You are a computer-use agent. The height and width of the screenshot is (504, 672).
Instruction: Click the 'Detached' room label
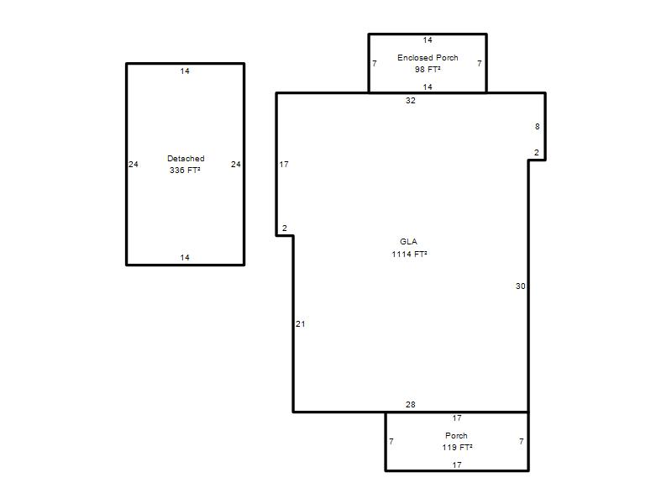click(186, 159)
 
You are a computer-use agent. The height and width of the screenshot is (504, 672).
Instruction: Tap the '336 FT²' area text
click(185, 171)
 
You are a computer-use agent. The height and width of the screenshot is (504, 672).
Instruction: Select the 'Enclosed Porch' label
click(428, 57)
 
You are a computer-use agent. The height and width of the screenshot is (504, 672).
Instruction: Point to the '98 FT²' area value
click(428, 69)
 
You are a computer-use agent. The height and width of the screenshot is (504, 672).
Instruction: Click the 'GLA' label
click(408, 242)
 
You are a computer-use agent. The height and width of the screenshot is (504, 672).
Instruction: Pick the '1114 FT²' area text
click(409, 255)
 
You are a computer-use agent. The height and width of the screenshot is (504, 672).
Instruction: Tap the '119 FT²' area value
click(457, 448)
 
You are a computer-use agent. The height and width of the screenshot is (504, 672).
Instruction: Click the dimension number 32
click(411, 101)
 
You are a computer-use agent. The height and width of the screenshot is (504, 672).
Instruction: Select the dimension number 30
click(520, 286)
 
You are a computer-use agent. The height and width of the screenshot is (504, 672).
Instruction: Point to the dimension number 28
click(411, 405)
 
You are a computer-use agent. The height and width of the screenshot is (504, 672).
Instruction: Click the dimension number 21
click(301, 324)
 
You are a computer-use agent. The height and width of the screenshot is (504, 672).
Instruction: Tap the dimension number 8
click(538, 127)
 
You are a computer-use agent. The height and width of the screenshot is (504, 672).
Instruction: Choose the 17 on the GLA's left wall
click(284, 165)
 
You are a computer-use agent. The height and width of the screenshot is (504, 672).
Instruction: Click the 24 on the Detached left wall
click(134, 165)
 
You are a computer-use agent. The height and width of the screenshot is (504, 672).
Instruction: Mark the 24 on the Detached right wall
click(236, 165)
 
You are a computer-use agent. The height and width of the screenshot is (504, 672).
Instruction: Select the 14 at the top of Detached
click(185, 71)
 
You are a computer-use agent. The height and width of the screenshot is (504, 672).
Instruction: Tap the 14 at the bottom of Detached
click(185, 258)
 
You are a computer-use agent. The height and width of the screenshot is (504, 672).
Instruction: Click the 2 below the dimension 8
click(537, 153)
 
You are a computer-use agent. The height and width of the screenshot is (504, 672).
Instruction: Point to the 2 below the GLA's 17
click(285, 228)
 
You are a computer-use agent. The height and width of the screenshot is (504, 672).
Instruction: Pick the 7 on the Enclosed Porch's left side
click(375, 64)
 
